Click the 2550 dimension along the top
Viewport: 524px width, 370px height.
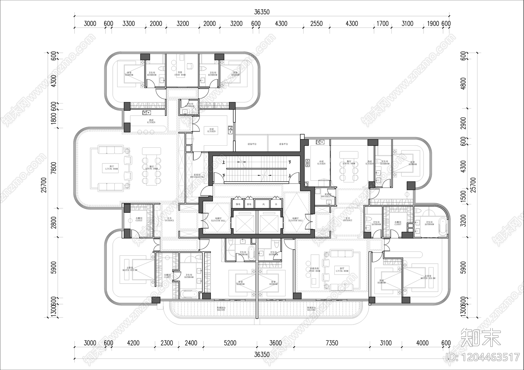click(x=316, y=24)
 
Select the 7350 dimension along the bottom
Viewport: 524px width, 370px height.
click(x=332, y=343)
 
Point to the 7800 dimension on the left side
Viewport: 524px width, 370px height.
click(x=54, y=168)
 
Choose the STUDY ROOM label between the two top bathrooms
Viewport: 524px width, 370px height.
click(x=180, y=74)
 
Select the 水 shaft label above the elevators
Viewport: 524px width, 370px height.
click(x=276, y=204)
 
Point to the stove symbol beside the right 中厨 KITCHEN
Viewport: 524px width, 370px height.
click(x=308, y=163)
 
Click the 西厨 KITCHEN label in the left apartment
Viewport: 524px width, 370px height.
click(x=151, y=121)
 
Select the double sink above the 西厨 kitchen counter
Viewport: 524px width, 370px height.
click(x=146, y=113)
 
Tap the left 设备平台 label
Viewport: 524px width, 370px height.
click(x=252, y=144)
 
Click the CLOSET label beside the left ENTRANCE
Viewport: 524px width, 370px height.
click(x=139, y=220)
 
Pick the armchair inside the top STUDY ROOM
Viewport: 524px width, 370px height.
click(x=189, y=66)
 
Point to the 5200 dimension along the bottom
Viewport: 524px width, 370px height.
click(x=230, y=343)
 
